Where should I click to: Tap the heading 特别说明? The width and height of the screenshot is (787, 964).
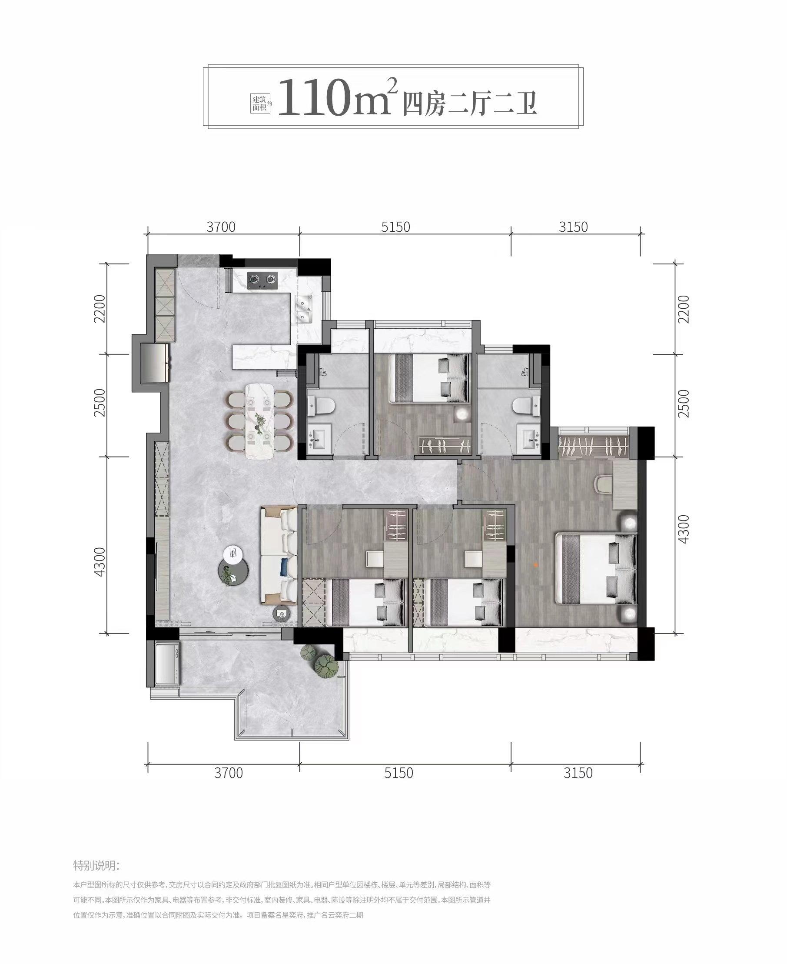click(96, 866)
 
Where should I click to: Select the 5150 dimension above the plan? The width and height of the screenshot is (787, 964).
click(395, 227)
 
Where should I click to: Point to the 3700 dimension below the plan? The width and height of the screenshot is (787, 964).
click(229, 773)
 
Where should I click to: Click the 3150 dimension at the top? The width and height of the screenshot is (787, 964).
click(573, 227)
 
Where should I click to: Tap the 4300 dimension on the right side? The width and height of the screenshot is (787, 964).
click(683, 529)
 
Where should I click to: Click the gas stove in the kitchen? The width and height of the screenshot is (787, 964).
click(262, 280)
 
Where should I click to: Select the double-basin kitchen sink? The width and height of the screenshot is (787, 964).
click(304, 308)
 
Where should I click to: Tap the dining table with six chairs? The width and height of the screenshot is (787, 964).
click(261, 421)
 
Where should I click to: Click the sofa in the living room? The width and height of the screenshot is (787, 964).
click(279, 556)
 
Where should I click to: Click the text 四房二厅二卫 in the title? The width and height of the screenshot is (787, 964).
click(470, 104)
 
